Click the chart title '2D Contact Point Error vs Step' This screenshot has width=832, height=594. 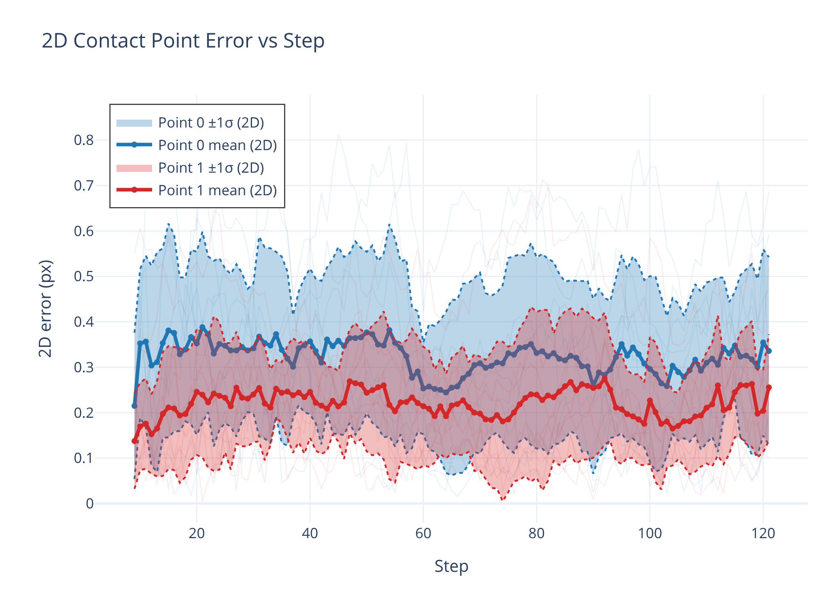point(183,41)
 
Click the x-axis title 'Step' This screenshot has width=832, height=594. point(451,566)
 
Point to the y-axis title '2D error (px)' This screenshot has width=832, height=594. point(46,308)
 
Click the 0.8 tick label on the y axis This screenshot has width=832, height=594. point(84,140)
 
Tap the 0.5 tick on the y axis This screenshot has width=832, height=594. point(84,276)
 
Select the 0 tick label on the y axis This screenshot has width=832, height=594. point(90,504)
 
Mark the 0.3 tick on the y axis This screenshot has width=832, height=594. point(84,367)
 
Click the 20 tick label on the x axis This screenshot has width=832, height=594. point(197,533)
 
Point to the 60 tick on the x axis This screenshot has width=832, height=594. point(423,533)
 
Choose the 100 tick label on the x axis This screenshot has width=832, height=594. point(650,533)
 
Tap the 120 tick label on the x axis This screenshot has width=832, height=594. point(763,533)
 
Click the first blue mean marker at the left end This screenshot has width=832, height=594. point(134,406)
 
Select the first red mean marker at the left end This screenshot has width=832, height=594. point(134,441)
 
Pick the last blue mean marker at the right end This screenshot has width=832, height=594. point(769,351)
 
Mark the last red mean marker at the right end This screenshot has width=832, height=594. point(769,387)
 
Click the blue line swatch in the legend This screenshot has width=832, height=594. point(134,145)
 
